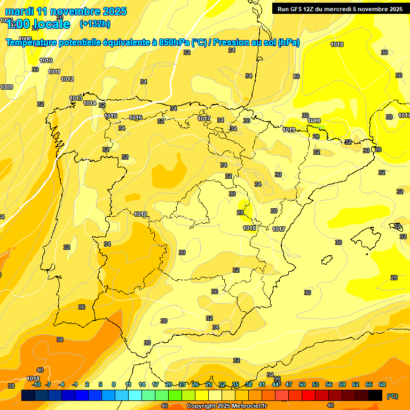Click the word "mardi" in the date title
[19, 11]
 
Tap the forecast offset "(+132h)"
[94, 23]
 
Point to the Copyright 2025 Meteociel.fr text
[226, 406]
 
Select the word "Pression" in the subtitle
[231, 43]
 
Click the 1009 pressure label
[6, 87]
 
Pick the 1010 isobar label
[46, 60]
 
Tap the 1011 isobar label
[54, 72]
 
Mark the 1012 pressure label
[67, 79]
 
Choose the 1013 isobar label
[76, 98]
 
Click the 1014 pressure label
[89, 103]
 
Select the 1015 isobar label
[111, 116]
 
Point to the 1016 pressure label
[136, 117]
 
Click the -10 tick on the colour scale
[36, 384]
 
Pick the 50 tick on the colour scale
[302, 384]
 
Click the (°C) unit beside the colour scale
[392, 396]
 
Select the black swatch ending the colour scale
[375, 395]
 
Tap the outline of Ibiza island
[326, 260]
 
